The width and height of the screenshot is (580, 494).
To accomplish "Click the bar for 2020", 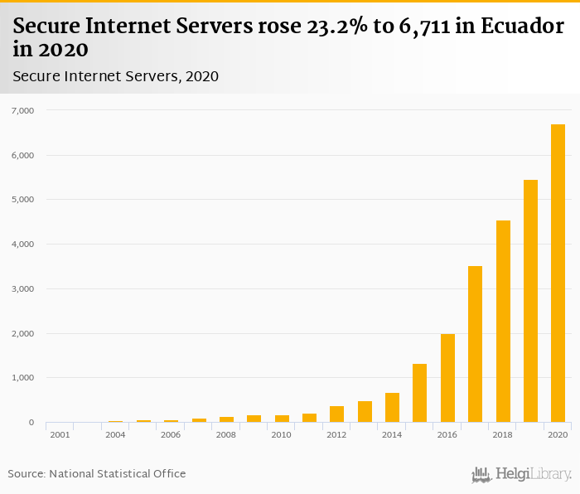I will tap(558, 274).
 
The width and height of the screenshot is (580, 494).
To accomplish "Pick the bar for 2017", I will tap(475, 344).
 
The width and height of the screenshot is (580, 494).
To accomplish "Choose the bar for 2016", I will tap(447, 378).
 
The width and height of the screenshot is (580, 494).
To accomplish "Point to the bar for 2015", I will tap(420, 393).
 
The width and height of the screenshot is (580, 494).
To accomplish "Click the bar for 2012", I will tap(336, 414).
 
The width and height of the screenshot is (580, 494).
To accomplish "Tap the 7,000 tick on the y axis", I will tap(22, 110).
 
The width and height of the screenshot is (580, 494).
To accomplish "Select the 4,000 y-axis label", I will tap(22, 245).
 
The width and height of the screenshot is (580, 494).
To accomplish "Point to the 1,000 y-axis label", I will tap(22, 378).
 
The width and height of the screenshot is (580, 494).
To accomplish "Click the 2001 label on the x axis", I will tap(60, 435).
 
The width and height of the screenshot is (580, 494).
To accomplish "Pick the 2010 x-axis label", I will tap(281, 435).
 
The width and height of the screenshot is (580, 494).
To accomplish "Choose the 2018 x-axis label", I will tap(502, 435).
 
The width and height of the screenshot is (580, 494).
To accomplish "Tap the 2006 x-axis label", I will tap(171, 435).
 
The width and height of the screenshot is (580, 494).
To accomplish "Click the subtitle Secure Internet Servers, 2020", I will tap(115, 76).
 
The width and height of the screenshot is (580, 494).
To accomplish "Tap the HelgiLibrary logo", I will tap(521, 474).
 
